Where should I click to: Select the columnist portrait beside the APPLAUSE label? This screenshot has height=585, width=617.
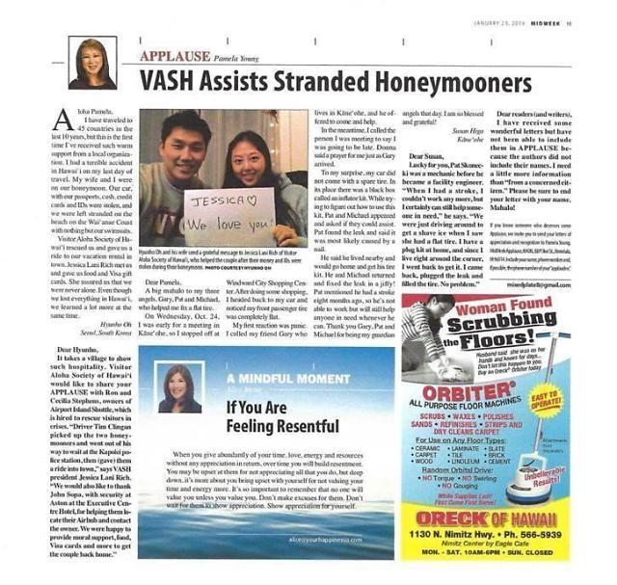[93, 63]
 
